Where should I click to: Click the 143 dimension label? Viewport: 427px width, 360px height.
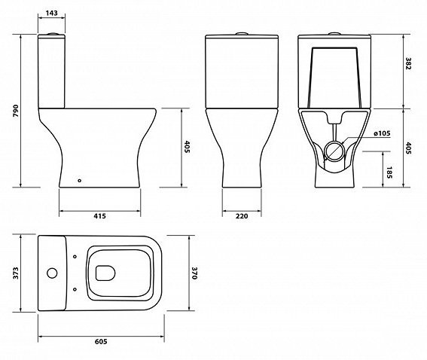pos(51,13)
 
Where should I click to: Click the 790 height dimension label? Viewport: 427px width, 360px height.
pos(16,111)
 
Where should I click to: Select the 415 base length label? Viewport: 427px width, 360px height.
pos(99,216)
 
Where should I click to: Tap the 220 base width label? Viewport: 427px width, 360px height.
pos(242,216)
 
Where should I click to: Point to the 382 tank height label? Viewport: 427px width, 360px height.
pos(408,63)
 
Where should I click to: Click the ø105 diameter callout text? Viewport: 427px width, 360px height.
pos(382,133)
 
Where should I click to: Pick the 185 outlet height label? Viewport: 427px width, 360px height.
pos(389,172)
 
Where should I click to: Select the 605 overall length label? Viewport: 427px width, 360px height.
pos(101,341)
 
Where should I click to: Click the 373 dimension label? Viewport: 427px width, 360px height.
pos(16,273)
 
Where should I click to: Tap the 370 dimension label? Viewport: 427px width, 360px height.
pos(194,273)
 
